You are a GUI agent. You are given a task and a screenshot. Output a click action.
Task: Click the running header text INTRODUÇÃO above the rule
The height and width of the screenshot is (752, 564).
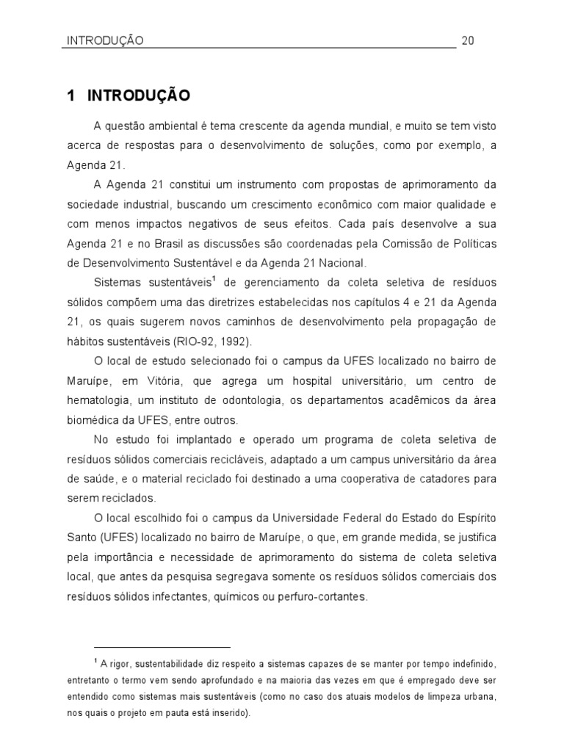[101, 40]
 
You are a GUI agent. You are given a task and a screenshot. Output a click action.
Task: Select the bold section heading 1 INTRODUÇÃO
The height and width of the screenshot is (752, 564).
[129, 95]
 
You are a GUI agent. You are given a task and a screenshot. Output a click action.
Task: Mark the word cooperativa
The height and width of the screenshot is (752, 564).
[375, 479]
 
